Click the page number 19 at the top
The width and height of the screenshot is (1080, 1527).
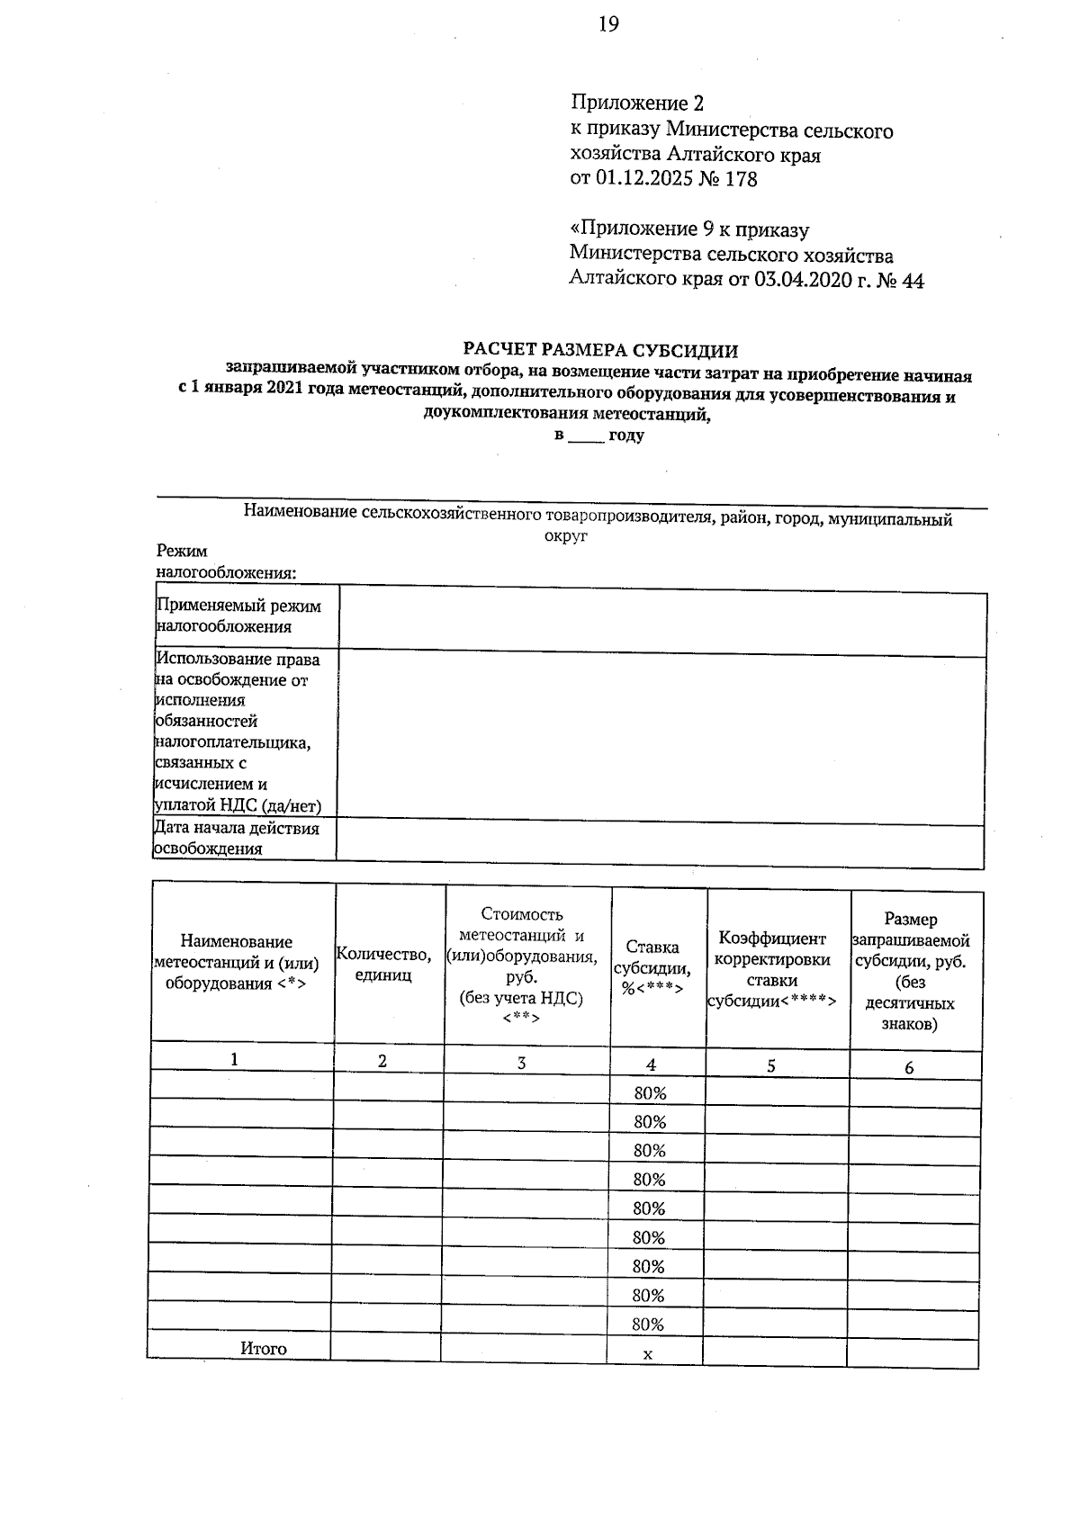608,24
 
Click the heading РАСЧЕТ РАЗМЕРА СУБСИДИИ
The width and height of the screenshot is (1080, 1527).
600,350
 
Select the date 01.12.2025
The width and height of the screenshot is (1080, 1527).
643,179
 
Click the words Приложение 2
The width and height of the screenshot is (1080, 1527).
636,103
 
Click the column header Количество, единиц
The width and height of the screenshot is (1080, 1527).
383,964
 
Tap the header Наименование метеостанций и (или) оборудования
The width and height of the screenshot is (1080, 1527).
237,962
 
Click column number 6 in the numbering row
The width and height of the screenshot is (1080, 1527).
909,1068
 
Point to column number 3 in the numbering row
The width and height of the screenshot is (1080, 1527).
522,1063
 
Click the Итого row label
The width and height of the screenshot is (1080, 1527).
264,1348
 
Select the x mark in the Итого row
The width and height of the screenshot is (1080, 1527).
648,1353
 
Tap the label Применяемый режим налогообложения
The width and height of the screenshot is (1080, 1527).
238,616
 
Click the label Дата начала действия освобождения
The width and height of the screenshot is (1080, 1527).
237,838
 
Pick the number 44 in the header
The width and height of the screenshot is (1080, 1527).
911,281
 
